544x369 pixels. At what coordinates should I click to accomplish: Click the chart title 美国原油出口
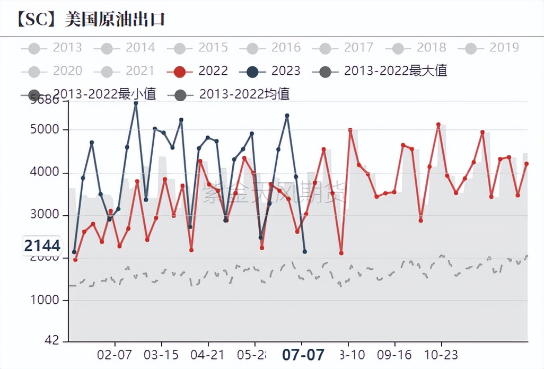pyautogui.click(x=115, y=19)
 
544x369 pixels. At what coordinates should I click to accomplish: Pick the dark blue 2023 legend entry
pyautogui.click(x=270, y=71)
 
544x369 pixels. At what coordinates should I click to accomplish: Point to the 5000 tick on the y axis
pyautogui.click(x=50, y=130)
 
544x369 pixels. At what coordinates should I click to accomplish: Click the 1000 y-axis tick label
pyautogui.click(x=50, y=300)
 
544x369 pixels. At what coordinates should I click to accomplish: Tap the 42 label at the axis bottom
pyautogui.click(x=55, y=340)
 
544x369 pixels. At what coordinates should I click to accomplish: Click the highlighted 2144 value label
pyautogui.click(x=42, y=246)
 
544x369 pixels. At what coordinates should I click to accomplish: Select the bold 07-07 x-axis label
pyautogui.click(x=303, y=355)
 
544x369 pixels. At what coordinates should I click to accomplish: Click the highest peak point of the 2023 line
pyautogui.click(x=136, y=103)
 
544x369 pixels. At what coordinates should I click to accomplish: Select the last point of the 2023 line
pyautogui.click(x=304, y=251)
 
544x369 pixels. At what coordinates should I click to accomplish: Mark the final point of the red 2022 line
pyautogui.click(x=527, y=164)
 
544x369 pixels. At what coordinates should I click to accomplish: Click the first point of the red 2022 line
pyautogui.click(x=75, y=260)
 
